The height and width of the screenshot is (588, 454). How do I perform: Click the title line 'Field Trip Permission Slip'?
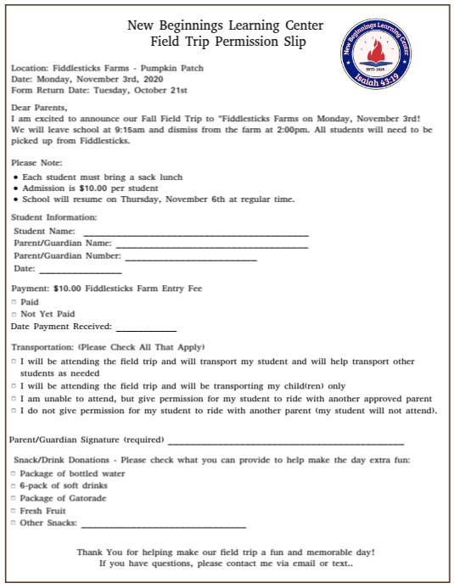[x=227, y=42]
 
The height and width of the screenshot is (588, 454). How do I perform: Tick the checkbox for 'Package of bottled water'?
[x=14, y=473]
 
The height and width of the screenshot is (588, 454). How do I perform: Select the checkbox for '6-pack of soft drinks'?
[x=14, y=486]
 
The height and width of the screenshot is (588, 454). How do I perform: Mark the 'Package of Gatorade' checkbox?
[x=14, y=499]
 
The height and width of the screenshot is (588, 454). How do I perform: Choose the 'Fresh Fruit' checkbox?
[x=14, y=512]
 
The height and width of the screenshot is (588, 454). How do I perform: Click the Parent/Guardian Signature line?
[x=286, y=443]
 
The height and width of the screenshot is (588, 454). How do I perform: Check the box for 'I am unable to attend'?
[x=14, y=398]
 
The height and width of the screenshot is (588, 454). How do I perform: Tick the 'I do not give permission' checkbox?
[x=14, y=411]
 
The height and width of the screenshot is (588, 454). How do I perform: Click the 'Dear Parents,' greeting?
[x=39, y=108]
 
